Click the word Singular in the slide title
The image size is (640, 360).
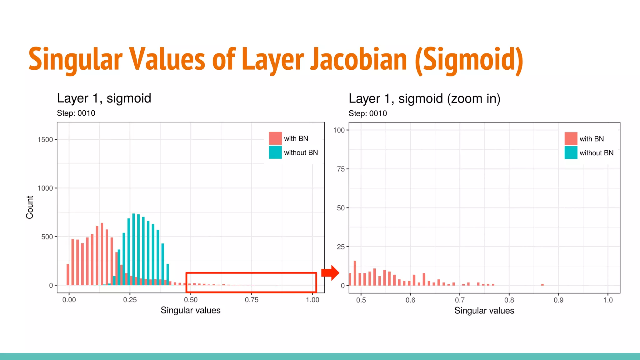75,59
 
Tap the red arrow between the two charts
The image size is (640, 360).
330,272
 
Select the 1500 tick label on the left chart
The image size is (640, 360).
45,140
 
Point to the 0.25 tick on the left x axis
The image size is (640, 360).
130,300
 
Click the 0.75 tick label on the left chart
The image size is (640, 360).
252,300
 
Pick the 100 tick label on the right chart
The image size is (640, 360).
339,130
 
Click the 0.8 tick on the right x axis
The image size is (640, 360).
509,300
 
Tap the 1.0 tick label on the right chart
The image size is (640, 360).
608,300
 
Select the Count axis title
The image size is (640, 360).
30,207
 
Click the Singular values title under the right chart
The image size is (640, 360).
484,311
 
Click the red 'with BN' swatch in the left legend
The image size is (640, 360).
275,138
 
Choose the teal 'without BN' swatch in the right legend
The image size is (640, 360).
571,153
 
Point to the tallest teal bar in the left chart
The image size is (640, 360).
133,249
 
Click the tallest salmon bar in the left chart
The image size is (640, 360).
102,254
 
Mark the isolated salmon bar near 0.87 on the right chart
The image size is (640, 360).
542,285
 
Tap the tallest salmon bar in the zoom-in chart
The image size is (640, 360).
355,273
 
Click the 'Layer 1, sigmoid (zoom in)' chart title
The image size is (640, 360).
424,99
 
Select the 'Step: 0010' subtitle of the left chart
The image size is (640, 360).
76,113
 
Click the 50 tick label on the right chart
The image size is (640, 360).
341,208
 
